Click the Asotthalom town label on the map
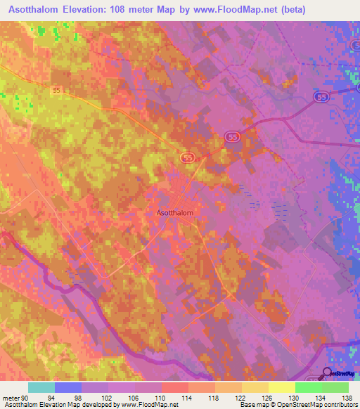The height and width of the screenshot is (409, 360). [x=174, y=212]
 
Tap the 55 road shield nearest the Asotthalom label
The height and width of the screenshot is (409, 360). [x=187, y=158]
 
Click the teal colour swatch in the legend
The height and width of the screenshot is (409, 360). [x=41, y=388]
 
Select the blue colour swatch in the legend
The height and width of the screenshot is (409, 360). [x=68, y=388]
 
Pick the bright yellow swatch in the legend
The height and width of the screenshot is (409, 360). [x=281, y=388]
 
